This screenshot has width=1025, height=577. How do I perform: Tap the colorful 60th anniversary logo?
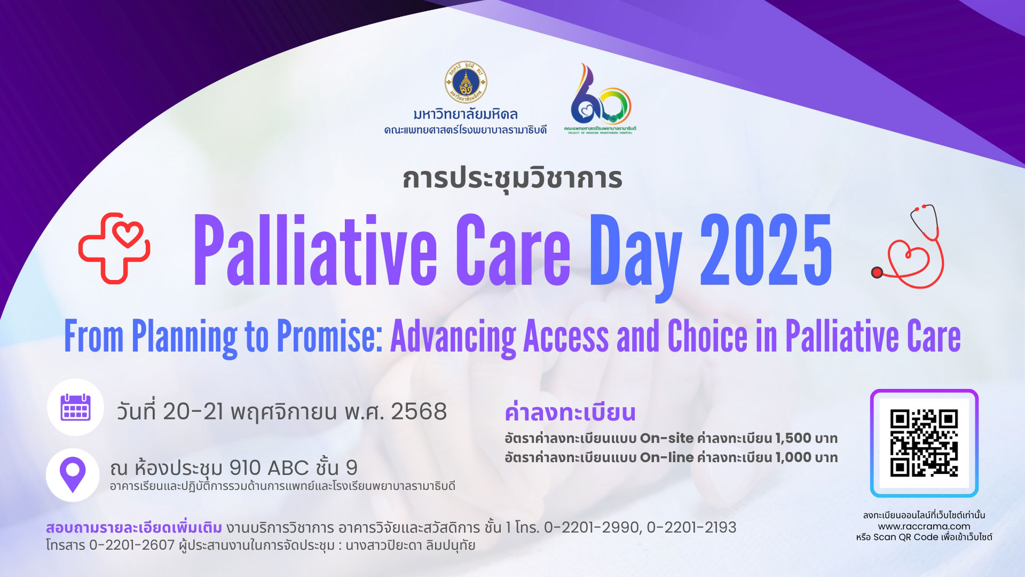click(x=600, y=98)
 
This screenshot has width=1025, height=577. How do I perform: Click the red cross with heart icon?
click(x=114, y=248)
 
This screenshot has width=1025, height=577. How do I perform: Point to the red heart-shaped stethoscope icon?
click(x=908, y=246)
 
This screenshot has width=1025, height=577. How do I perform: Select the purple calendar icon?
click(x=75, y=407)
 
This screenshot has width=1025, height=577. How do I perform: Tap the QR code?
click(x=924, y=443)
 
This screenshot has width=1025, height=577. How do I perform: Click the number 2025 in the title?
click(x=766, y=249)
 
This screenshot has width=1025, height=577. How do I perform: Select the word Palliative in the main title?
click(x=314, y=249)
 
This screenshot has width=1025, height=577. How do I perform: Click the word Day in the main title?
click(x=635, y=256)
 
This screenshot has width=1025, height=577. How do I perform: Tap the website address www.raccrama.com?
click(x=924, y=526)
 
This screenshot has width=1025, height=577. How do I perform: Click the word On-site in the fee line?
click(x=667, y=438)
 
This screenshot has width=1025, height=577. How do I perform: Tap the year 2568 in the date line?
click(x=419, y=411)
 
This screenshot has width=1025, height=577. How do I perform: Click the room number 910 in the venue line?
click(x=245, y=468)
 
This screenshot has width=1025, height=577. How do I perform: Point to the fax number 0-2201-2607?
click(x=132, y=545)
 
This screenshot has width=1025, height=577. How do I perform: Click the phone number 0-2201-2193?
click(x=691, y=528)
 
